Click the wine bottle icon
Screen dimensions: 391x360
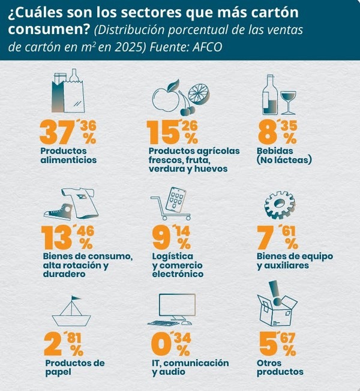[x=269, y=95]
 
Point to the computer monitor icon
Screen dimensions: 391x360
[x=175, y=309]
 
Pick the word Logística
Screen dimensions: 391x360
[x=173, y=256]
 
